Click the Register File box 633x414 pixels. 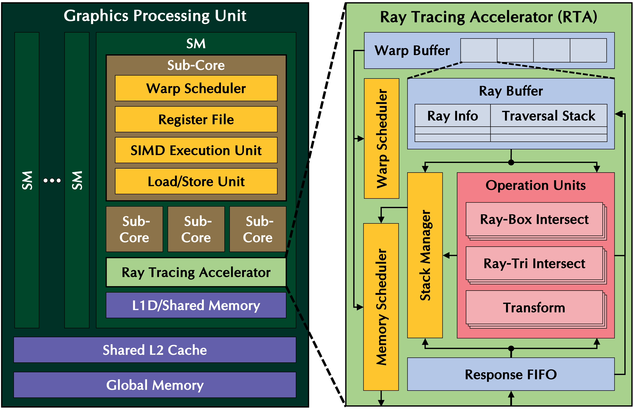click(x=196, y=119)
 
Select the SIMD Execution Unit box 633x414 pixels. click(x=196, y=150)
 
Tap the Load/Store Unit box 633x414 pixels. click(x=196, y=181)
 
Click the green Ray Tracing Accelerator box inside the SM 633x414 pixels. click(x=196, y=272)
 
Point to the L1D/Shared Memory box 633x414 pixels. click(x=196, y=305)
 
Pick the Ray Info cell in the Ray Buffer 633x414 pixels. click(x=452, y=116)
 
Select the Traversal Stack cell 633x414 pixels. click(x=549, y=116)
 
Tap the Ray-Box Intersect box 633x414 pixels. click(x=534, y=219)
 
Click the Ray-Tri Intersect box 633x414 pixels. click(x=534, y=264)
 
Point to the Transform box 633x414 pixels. click(x=534, y=308)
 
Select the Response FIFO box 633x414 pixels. click(x=511, y=374)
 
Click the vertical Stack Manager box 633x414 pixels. click(x=425, y=255)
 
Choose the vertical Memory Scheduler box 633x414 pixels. click(x=381, y=307)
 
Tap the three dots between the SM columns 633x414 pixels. click(x=52, y=181)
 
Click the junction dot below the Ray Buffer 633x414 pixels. click(x=511, y=162)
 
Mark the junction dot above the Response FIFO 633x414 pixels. click(x=511, y=348)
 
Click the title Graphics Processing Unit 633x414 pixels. click(x=155, y=16)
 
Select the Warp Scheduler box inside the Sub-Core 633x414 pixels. click(x=196, y=88)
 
